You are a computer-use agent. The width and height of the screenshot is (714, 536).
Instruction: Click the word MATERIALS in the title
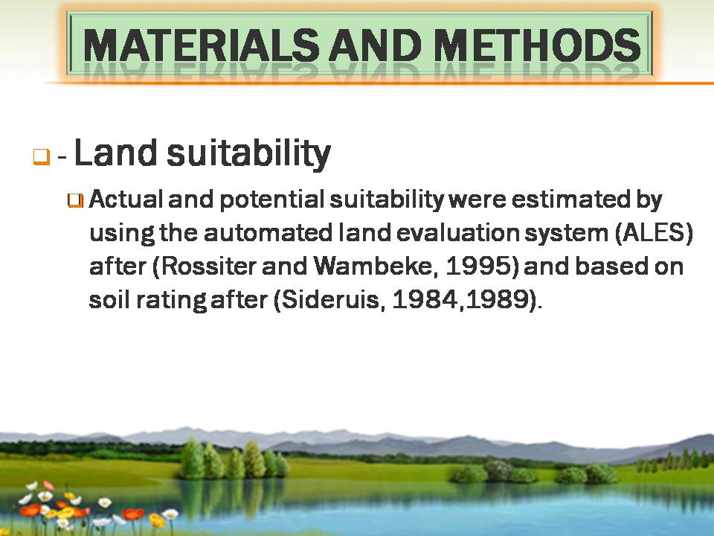click(202, 45)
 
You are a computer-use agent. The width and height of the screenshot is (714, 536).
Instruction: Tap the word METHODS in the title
click(537, 45)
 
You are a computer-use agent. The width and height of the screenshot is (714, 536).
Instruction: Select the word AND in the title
click(376, 45)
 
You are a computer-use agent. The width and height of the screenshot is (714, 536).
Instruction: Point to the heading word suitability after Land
click(248, 153)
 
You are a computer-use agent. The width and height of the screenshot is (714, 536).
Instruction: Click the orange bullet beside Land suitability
click(41, 156)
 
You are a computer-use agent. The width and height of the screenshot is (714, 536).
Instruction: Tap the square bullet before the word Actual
click(76, 200)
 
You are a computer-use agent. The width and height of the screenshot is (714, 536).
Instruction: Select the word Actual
click(126, 200)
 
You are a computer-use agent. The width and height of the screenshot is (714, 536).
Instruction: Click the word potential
click(272, 200)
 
